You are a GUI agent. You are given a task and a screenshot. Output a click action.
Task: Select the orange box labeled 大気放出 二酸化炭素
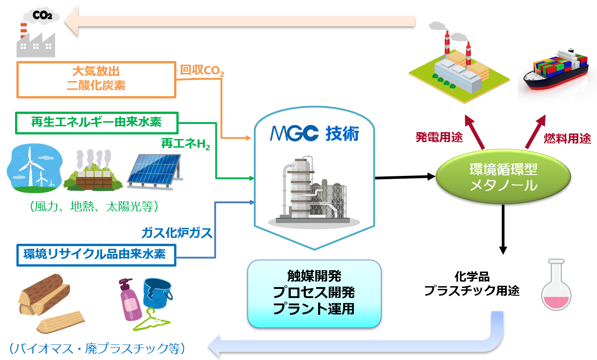tap(96, 79)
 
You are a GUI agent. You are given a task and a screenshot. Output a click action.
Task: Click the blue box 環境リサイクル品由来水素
tap(96, 255)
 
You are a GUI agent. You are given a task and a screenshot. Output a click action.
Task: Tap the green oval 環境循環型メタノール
tap(503, 178)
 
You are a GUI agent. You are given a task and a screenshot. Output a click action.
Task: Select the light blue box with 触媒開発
tap(314, 293)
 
